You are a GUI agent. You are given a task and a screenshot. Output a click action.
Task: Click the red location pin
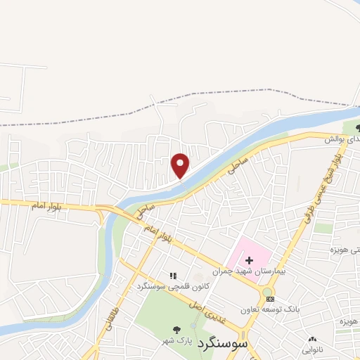[x=181, y=165]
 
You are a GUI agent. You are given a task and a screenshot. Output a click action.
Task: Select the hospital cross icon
[x=249, y=260]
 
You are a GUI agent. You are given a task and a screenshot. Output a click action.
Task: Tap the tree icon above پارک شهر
[x=176, y=328]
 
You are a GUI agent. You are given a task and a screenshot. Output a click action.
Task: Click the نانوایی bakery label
[x=313, y=348]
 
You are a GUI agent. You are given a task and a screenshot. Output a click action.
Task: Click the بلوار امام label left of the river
[x=46, y=205]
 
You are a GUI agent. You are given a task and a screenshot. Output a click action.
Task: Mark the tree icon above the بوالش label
[x=359, y=128]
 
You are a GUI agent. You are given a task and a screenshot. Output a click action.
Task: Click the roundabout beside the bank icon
[x=268, y=292]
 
